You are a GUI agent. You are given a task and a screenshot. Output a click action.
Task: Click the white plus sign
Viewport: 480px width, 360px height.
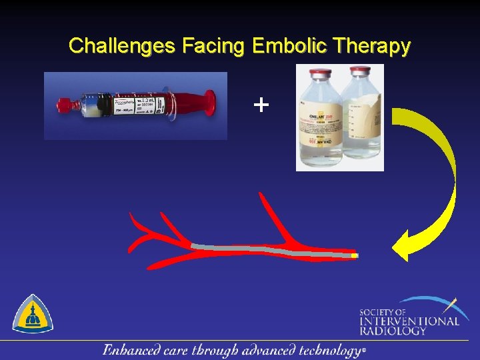pos(262,104)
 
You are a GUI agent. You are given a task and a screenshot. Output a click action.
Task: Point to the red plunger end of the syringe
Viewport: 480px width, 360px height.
pos(209,103)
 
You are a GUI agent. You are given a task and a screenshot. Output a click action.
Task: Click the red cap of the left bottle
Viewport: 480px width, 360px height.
pos(317,72)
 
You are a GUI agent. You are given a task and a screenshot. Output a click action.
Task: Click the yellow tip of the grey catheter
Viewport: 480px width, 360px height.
pos(355,255)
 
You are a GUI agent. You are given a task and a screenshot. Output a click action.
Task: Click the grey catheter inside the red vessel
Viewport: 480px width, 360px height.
pos(267,250)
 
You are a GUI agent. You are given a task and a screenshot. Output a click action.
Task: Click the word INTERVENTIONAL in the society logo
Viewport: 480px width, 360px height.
pos(409,321)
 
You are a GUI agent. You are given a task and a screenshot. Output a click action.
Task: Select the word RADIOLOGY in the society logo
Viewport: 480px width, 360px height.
pos(393,331)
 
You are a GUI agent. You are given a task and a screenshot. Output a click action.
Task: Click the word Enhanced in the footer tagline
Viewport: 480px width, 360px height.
pos(130,350)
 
